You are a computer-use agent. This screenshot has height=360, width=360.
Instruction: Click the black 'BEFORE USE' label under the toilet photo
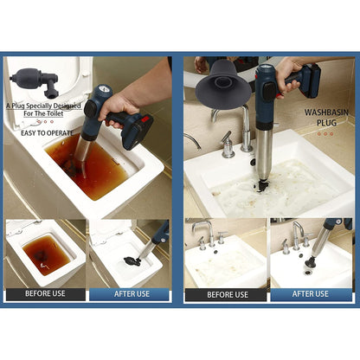[x=46, y=294]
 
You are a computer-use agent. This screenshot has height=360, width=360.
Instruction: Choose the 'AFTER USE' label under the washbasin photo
[x=312, y=294]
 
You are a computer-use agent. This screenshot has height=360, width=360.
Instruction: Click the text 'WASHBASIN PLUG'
[x=326, y=118]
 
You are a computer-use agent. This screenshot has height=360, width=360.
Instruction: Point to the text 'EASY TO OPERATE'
[x=47, y=133]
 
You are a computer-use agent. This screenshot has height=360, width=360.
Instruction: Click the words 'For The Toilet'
[x=43, y=113]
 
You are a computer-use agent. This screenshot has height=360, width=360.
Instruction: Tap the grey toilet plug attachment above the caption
[x=35, y=81]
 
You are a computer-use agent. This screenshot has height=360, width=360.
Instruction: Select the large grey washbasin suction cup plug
[x=222, y=86]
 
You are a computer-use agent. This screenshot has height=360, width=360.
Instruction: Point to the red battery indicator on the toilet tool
[x=145, y=119]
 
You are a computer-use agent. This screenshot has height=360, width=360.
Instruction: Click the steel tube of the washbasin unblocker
[x=264, y=154]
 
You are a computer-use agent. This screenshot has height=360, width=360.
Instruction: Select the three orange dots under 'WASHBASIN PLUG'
[x=325, y=134]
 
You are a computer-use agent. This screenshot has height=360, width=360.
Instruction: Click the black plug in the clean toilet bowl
[x=132, y=261]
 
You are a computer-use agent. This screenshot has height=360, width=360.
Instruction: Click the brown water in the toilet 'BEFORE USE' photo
[x=47, y=251]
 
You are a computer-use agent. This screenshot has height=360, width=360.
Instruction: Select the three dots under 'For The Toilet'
[x=45, y=122]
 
